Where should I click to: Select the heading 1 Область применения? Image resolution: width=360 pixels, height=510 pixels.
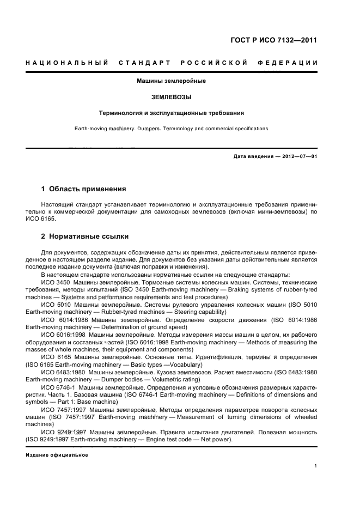[83, 189]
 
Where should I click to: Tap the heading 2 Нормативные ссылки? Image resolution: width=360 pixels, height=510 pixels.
[85, 236]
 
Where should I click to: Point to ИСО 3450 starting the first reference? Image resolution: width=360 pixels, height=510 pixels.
[56, 282]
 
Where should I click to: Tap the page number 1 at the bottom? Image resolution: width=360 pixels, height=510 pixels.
[316, 466]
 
